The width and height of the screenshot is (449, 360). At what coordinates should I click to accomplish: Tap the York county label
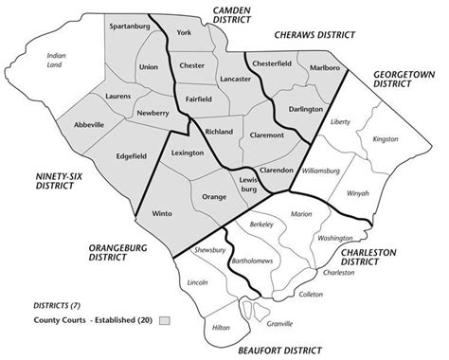click(x=184, y=33)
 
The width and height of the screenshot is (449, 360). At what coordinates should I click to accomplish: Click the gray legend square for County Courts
click(x=164, y=320)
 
